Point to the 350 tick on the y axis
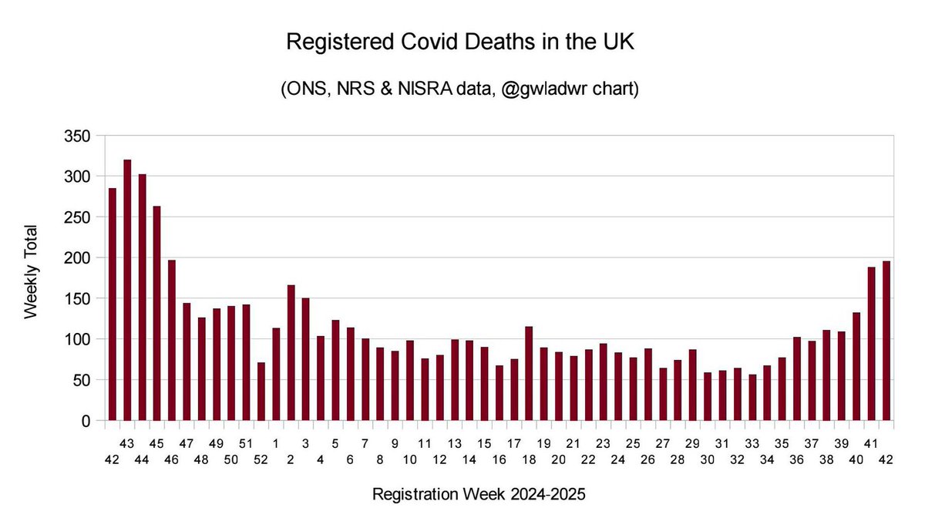pyautogui.click(x=81, y=136)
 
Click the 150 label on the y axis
pyautogui.click(x=81, y=299)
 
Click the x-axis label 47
pyautogui.click(x=187, y=443)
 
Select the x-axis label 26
pyautogui.click(x=648, y=459)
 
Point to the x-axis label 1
pyautogui.click(x=276, y=443)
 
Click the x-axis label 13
pyautogui.click(x=455, y=443)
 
